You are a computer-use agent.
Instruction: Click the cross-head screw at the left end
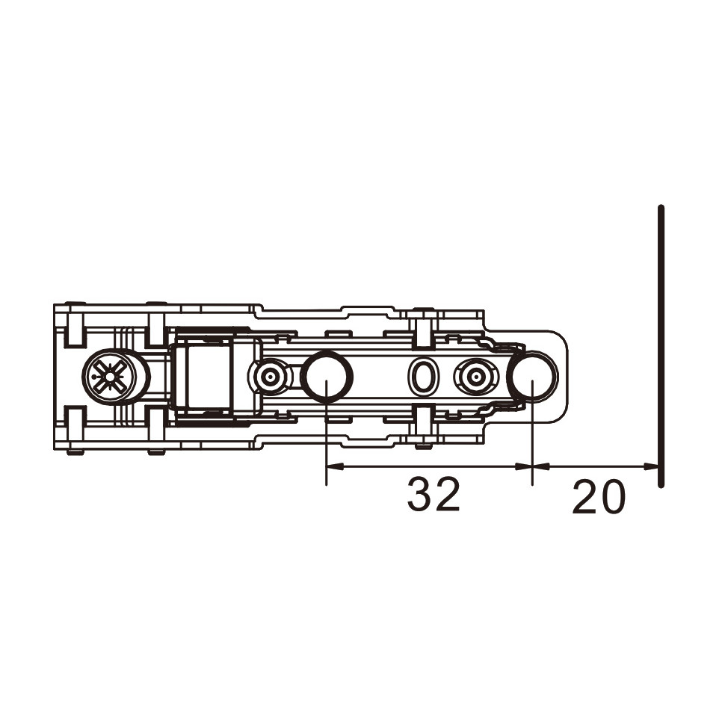coord(111,377)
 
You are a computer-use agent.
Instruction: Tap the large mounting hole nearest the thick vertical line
coord(534,377)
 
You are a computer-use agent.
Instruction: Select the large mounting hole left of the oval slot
coord(327,377)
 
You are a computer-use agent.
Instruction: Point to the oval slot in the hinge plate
coord(422,377)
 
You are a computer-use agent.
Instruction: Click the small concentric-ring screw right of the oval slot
coord(476,377)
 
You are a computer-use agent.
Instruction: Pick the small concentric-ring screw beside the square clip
coord(270,377)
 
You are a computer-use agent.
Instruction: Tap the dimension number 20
coord(599,497)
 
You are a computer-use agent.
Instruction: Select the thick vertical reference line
coord(660,346)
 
